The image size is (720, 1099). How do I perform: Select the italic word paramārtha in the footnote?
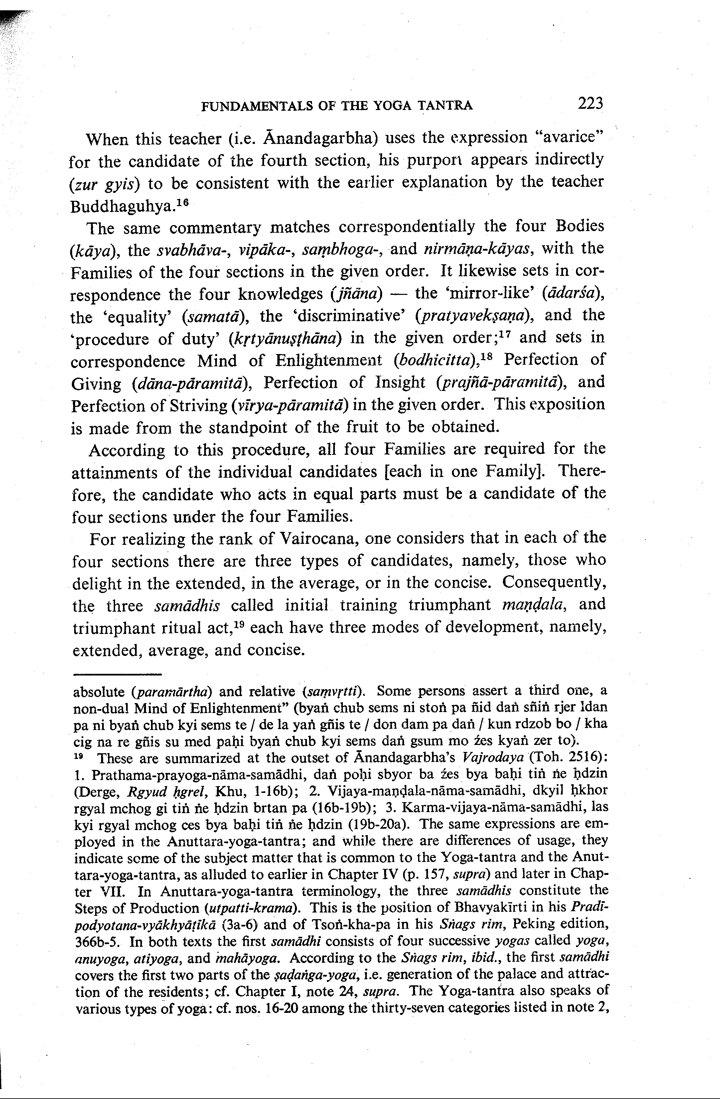(x=172, y=692)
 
